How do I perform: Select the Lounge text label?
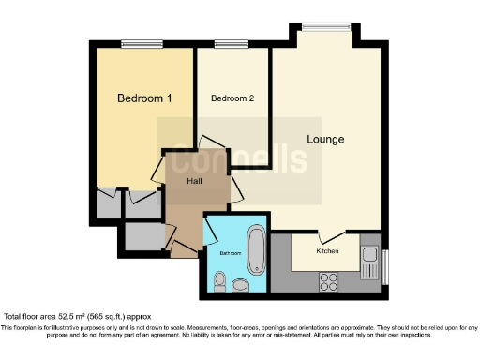pyautogui.click(x=325, y=140)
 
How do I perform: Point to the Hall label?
pyautogui.click(x=194, y=181)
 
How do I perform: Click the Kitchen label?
pyautogui.click(x=327, y=251)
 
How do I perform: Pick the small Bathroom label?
pyautogui.click(x=231, y=253)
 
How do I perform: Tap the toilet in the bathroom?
pyautogui.click(x=219, y=280)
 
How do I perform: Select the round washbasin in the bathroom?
pyautogui.click(x=240, y=284)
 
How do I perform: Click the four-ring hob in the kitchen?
pyautogui.click(x=330, y=278)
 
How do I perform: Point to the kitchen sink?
pyautogui.click(x=368, y=254)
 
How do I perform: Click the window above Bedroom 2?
pyautogui.click(x=225, y=43)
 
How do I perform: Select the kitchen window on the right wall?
pyautogui.click(x=384, y=263)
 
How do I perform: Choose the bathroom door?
pyautogui.click(x=212, y=228)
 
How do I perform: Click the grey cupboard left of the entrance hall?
pyautogui.click(x=142, y=238)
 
